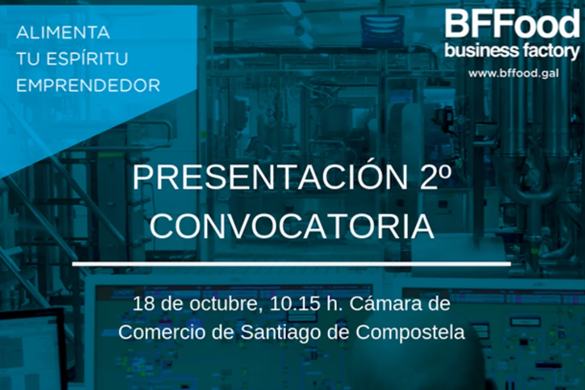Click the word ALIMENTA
click(63, 32)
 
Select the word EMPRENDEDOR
click(88, 86)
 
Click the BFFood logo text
click(512, 24)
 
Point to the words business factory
click(512, 51)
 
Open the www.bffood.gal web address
click(513, 73)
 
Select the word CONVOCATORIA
click(292, 226)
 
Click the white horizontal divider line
click(291, 264)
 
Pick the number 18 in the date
click(144, 304)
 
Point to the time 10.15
click(294, 304)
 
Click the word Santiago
click(281, 333)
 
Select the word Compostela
click(410, 333)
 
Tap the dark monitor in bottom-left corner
click(33, 351)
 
